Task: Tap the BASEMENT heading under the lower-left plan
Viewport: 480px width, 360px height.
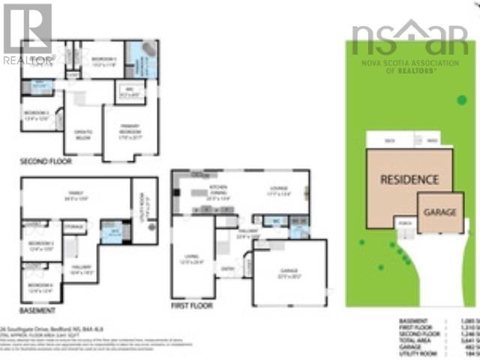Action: click(x=37, y=310)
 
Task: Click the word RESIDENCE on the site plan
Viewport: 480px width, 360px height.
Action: click(x=409, y=180)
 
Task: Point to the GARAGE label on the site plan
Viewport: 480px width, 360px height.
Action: click(x=440, y=212)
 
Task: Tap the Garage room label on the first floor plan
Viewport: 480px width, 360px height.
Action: click(x=288, y=272)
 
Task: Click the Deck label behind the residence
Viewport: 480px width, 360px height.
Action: click(x=388, y=140)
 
